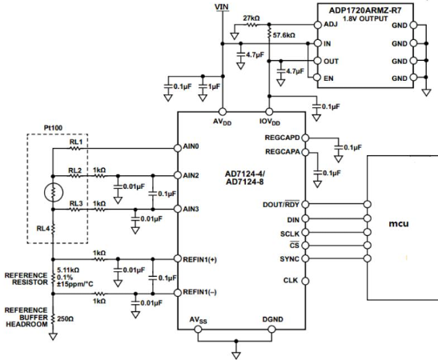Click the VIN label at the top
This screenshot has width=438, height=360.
[222, 6]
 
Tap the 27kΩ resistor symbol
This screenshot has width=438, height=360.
[251, 25]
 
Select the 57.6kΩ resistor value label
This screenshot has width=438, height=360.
[283, 35]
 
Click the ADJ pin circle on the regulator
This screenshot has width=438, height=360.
[318, 25]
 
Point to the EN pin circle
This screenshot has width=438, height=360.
[317, 78]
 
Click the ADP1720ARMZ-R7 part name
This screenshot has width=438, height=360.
[365, 10]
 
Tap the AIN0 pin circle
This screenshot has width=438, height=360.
[178, 148]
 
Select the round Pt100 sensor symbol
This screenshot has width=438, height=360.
[54, 192]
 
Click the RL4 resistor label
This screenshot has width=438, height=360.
[43, 229]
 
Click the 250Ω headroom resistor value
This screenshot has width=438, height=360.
[66, 318]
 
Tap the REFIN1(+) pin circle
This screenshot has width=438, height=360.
[178, 258]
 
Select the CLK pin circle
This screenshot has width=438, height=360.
[305, 281]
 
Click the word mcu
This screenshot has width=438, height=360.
[399, 224]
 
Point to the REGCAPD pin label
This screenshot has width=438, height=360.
[282, 138]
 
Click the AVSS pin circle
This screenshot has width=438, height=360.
[198, 330]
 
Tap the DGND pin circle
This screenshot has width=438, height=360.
[271, 330]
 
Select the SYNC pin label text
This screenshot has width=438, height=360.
[289, 259]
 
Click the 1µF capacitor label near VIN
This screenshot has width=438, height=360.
[214, 86]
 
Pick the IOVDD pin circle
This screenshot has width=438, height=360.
[269, 112]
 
